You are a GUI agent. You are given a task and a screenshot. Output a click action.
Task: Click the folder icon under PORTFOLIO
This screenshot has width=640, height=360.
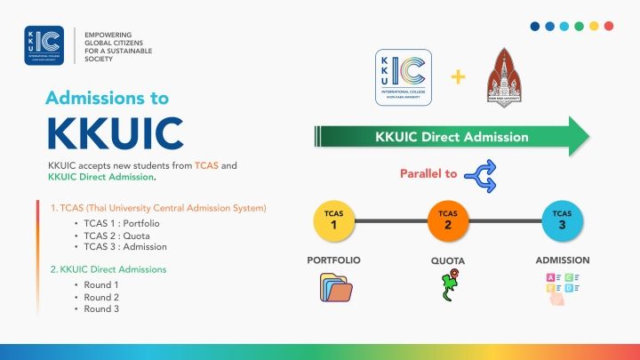click(x=334, y=289)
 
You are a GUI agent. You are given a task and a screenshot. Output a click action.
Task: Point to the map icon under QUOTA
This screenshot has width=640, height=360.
click(x=448, y=288)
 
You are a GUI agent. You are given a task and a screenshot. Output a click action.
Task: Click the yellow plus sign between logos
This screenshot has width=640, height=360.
click(x=459, y=76)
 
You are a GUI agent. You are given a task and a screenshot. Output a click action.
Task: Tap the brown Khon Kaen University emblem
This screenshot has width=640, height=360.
click(x=508, y=81)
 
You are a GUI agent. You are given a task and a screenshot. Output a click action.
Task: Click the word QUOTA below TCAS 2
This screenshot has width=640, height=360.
click(x=448, y=260)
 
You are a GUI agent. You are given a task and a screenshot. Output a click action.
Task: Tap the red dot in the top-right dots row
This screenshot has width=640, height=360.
click(x=608, y=27)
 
